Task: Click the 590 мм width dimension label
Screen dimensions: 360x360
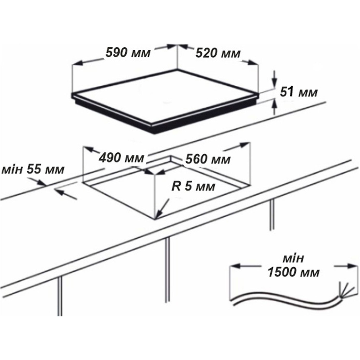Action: coord(128,53)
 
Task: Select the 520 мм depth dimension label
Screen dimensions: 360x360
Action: coord(218,53)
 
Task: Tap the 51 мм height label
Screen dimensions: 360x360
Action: coord(299,92)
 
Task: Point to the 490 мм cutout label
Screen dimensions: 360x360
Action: coord(121,158)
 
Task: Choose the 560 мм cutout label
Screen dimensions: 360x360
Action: coord(208,159)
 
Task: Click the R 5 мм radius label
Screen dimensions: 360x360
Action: coord(193,186)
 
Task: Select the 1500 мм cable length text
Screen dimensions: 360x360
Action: coord(294,273)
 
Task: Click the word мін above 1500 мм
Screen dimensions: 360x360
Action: coord(294,258)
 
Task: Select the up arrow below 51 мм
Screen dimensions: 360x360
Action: coord(274,106)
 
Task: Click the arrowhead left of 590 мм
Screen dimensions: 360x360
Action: coord(77,63)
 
